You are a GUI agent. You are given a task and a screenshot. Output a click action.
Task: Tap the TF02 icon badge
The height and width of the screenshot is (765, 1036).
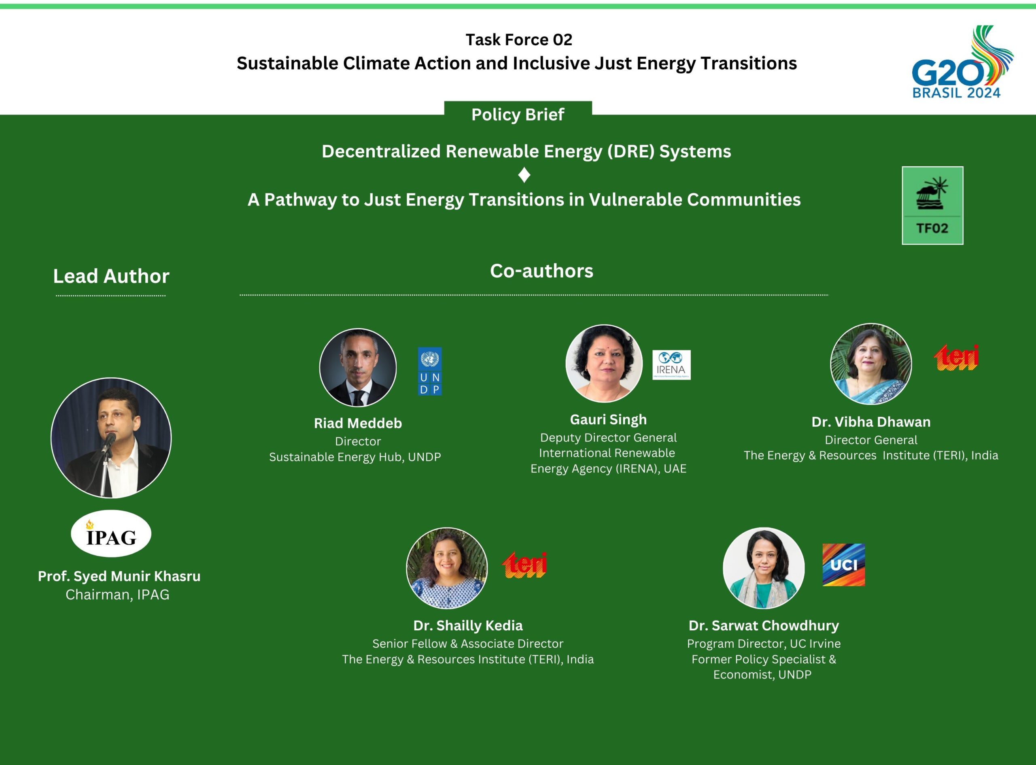pos(932,205)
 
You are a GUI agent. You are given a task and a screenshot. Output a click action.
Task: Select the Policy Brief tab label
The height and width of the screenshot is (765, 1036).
pos(517,114)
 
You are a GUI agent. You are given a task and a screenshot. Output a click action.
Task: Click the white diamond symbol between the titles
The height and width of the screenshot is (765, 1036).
pos(524,175)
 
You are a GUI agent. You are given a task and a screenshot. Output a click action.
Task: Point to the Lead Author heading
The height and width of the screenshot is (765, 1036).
pos(111,276)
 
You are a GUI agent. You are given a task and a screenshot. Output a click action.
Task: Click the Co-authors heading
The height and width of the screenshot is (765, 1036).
pos(541,271)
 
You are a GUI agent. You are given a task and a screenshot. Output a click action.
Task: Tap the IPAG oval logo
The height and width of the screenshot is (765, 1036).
pos(111,534)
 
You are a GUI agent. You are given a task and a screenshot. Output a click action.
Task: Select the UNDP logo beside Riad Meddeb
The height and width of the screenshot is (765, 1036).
pos(429,371)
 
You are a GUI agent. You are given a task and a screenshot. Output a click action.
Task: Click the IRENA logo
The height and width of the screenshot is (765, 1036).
pos(671,365)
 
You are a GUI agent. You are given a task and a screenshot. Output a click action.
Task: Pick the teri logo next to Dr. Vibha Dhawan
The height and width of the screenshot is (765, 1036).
pos(956,358)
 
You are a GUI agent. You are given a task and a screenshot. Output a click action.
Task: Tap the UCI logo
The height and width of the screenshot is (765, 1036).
pos(843,565)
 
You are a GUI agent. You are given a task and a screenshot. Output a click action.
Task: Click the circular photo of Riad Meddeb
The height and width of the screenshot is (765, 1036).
pos(358,368)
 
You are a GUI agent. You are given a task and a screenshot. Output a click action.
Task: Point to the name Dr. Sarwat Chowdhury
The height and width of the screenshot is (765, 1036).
pos(763,625)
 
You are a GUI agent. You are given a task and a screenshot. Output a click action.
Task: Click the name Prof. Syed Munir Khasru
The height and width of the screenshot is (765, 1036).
pos(119,576)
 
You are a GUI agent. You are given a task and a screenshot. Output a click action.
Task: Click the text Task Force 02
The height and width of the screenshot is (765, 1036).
pos(519,40)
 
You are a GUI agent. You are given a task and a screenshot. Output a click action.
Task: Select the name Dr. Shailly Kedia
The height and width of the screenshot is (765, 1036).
pos(468,625)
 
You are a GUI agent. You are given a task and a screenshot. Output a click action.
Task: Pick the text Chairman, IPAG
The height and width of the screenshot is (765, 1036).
pos(118,595)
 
